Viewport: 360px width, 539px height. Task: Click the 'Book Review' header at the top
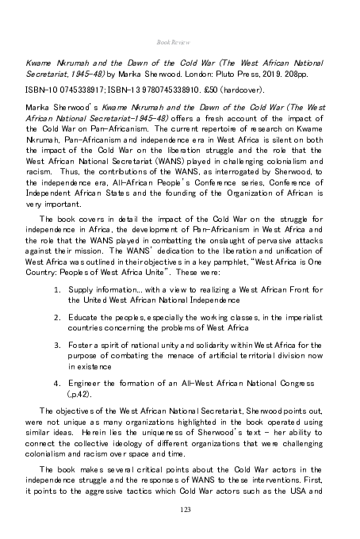tap(180, 37)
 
